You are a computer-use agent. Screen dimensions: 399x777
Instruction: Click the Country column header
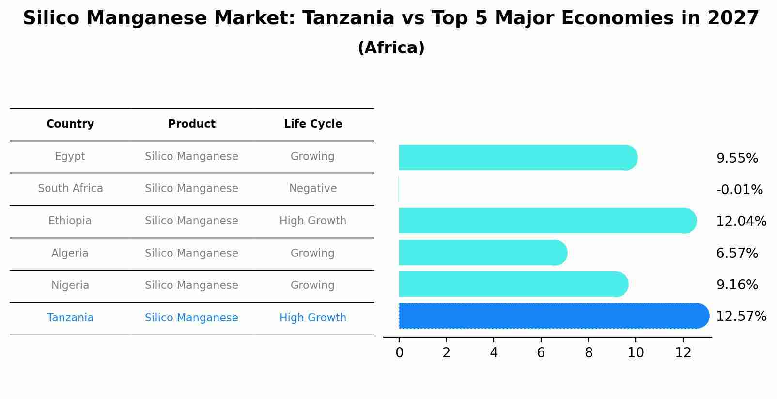(70, 124)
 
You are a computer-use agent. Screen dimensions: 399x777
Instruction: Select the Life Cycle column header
(313, 124)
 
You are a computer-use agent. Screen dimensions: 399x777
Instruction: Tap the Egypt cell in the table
(70, 157)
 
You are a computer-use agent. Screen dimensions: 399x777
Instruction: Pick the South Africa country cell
(70, 189)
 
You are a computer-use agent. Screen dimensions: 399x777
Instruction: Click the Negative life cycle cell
(313, 189)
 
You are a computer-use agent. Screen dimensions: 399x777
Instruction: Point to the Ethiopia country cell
(70, 221)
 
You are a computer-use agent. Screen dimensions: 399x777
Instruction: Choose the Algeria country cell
(70, 254)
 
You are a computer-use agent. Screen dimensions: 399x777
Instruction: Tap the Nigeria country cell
(70, 286)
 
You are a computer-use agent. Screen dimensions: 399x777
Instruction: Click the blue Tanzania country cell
(70, 318)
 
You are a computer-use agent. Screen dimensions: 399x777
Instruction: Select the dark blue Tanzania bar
(552, 316)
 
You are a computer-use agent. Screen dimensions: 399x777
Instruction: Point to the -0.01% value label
(739, 190)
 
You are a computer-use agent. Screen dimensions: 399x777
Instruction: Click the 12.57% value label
(741, 317)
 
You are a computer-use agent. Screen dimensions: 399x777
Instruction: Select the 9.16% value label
(737, 285)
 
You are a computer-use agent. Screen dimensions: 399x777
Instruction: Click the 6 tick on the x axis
(541, 353)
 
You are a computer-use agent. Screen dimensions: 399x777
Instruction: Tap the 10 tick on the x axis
(636, 353)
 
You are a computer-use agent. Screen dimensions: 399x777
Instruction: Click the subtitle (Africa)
(391, 48)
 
